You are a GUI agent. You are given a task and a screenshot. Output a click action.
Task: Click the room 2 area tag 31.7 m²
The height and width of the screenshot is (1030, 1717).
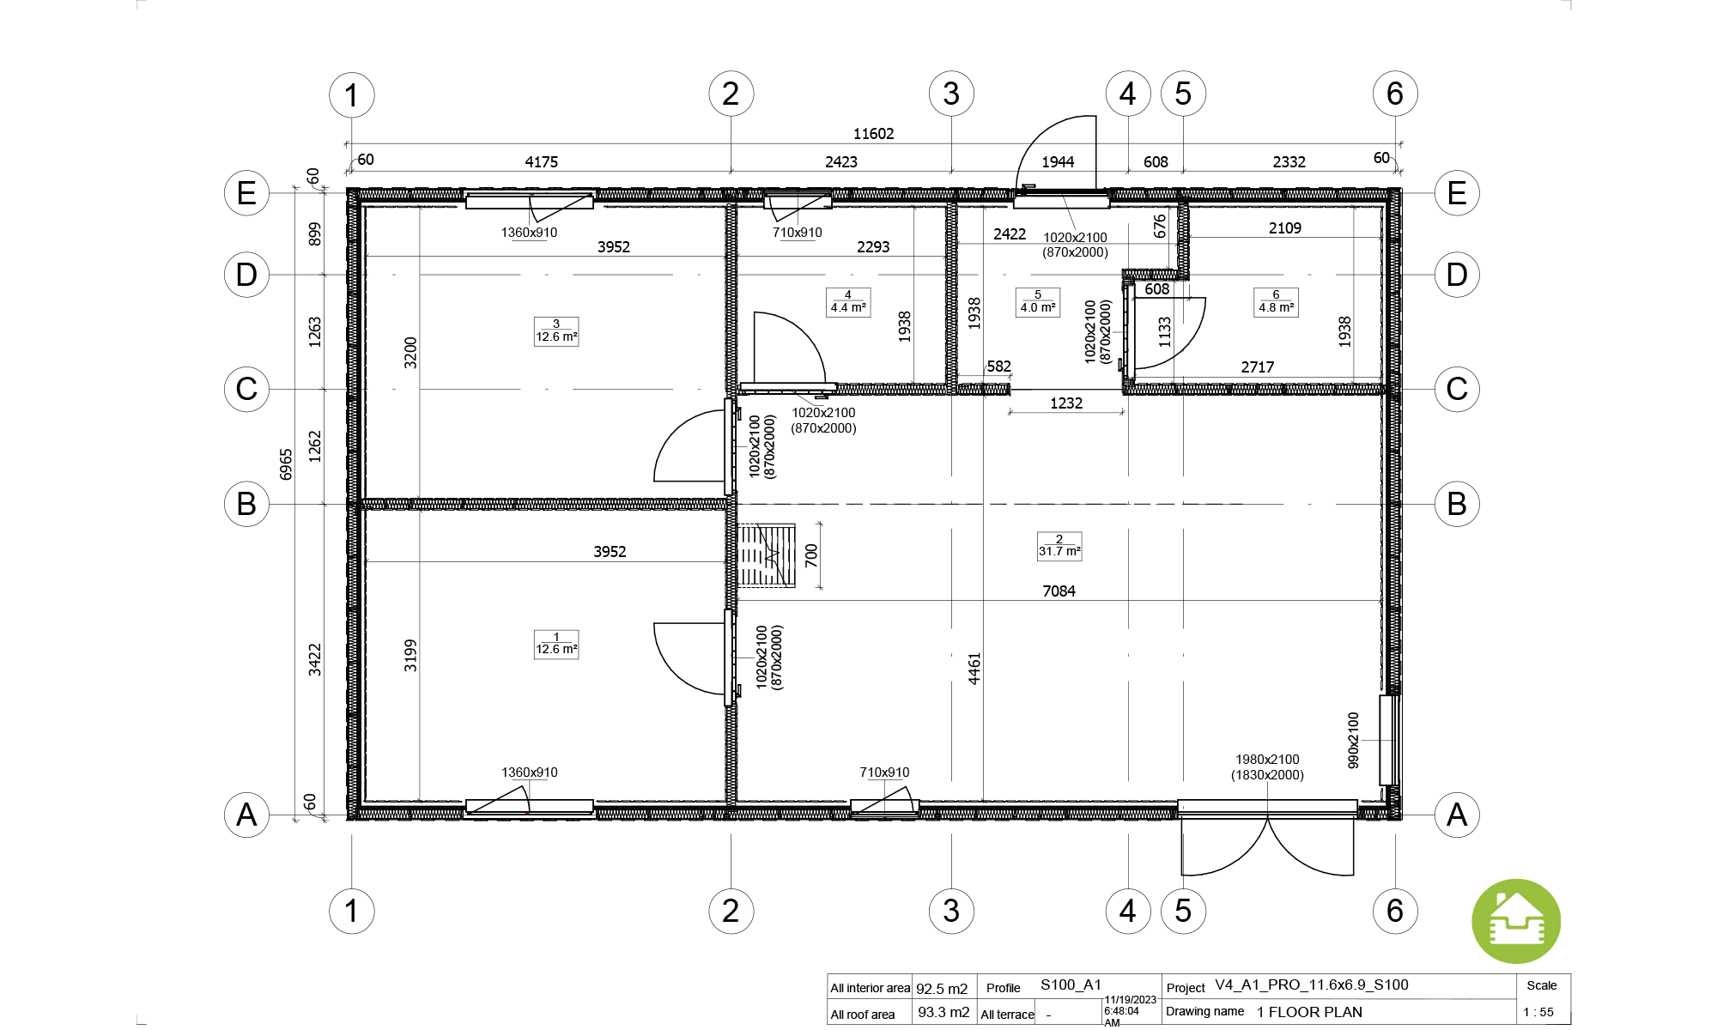tap(1059, 546)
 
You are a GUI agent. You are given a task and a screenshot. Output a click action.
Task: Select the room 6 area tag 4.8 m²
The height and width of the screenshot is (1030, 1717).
tap(1276, 302)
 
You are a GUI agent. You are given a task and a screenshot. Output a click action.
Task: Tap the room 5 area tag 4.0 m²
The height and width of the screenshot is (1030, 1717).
tap(1038, 302)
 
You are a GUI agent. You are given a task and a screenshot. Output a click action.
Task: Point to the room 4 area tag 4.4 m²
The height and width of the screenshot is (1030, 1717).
tap(848, 302)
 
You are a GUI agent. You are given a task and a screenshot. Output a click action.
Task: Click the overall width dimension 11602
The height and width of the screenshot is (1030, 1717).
tap(873, 134)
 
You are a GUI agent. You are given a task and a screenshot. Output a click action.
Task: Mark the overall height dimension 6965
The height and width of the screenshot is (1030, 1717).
tap(287, 464)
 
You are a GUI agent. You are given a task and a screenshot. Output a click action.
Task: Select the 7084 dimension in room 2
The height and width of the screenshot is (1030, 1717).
tap(1059, 591)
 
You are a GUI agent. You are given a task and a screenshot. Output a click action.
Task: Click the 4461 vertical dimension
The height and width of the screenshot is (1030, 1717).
tap(974, 669)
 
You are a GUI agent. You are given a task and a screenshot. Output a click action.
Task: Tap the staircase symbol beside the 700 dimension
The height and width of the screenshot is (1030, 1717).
tap(767, 555)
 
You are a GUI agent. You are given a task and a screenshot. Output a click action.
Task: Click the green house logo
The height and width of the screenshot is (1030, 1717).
tap(1516, 922)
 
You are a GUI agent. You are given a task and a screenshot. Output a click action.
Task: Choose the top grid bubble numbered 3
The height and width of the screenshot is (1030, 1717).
tap(951, 94)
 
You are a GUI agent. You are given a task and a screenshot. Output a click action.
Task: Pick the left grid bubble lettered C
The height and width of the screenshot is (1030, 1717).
tap(246, 389)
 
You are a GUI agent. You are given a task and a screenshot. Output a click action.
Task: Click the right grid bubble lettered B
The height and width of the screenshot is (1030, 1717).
tap(1457, 504)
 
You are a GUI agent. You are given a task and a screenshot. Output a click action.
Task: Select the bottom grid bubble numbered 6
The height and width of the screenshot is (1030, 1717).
tap(1395, 911)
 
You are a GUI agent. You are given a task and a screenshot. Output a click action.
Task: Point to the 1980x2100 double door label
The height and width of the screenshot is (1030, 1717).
tap(1267, 760)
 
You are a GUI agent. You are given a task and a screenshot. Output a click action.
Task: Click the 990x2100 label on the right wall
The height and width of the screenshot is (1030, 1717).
tap(1354, 740)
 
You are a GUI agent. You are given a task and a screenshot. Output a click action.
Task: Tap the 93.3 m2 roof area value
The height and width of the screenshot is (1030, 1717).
tap(943, 1012)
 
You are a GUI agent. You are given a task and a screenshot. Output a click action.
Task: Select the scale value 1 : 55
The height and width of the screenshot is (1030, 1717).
tap(1538, 1012)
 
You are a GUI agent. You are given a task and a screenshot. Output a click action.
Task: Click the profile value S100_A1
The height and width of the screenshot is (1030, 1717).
tap(1071, 985)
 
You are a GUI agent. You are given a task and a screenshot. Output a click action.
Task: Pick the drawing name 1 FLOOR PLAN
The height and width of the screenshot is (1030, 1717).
tap(1309, 1012)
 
